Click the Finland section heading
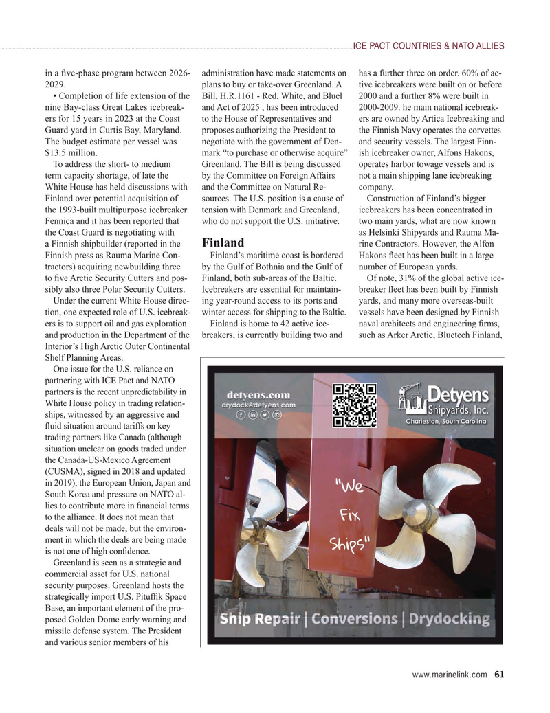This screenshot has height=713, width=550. [223, 243]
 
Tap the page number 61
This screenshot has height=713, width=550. [499, 674]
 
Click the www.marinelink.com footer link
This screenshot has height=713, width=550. [450, 674]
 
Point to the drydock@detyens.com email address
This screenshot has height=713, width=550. [258, 405]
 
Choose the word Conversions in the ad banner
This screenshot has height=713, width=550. [355, 618]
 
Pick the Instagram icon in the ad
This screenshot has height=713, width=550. [276, 416]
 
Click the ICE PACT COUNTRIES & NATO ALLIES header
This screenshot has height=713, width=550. [428, 46]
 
